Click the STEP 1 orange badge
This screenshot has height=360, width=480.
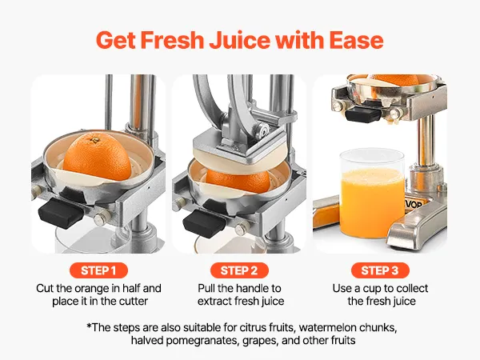pyautogui.click(x=98, y=270)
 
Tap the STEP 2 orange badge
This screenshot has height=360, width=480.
pyautogui.click(x=239, y=270)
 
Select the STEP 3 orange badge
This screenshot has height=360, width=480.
pyautogui.click(x=380, y=270)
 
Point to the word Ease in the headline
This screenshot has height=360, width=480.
pyautogui.click(x=356, y=40)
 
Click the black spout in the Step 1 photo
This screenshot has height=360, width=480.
pyautogui.click(x=61, y=213)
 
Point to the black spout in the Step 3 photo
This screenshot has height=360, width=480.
pyautogui.click(x=362, y=114)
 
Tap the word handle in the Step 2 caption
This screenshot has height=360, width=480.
pyautogui.click(x=250, y=288)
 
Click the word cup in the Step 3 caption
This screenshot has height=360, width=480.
pyautogui.click(x=372, y=289)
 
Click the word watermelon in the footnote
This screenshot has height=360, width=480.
pyautogui.click(x=327, y=327)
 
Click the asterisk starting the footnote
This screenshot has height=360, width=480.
pyautogui.click(x=89, y=326)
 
